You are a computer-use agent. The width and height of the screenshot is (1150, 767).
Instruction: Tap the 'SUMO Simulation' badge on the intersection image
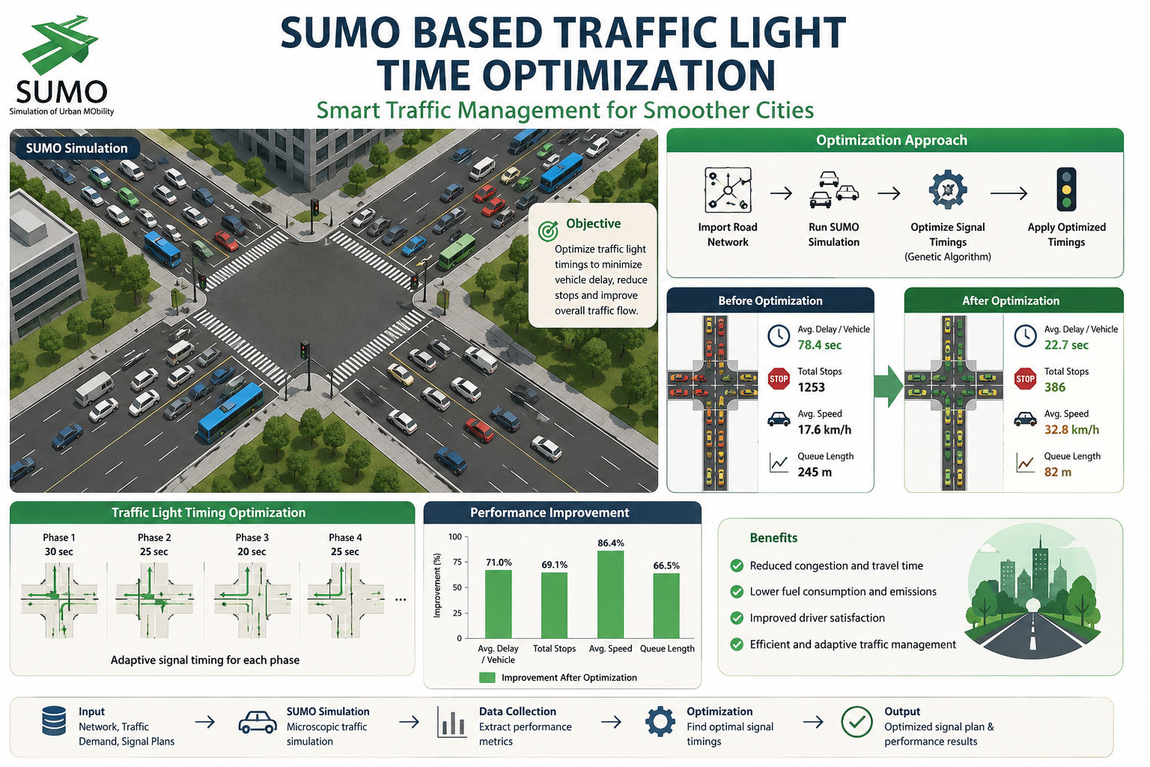click(x=76, y=148)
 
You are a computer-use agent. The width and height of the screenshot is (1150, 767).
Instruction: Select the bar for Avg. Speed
click(x=610, y=595)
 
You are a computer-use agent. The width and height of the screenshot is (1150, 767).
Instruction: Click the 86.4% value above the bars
click(x=610, y=543)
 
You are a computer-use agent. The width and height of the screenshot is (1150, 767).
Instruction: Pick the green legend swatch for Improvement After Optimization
click(x=487, y=678)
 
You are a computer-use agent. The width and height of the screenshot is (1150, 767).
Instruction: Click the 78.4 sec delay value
click(x=819, y=345)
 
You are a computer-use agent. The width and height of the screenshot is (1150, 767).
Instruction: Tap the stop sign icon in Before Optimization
click(x=779, y=379)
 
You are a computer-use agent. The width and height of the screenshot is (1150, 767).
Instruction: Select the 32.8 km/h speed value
click(x=1071, y=430)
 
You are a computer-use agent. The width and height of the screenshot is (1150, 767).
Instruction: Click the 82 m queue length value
click(x=1058, y=472)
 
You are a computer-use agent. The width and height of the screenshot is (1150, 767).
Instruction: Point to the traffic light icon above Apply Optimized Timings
click(x=1066, y=190)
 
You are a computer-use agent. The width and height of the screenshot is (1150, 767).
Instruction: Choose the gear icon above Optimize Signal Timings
click(x=948, y=190)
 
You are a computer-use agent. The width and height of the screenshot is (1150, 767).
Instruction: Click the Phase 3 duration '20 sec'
click(x=252, y=552)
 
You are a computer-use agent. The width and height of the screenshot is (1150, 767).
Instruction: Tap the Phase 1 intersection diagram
click(x=59, y=599)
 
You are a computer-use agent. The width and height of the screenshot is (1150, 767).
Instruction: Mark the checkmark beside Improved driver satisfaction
click(x=737, y=618)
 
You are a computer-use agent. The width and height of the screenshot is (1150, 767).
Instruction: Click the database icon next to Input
click(x=54, y=721)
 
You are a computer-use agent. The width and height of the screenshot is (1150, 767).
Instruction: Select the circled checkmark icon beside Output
click(x=857, y=722)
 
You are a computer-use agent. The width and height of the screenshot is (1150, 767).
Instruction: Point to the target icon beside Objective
click(x=548, y=231)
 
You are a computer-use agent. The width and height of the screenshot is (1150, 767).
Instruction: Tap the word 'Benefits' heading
click(x=773, y=538)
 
